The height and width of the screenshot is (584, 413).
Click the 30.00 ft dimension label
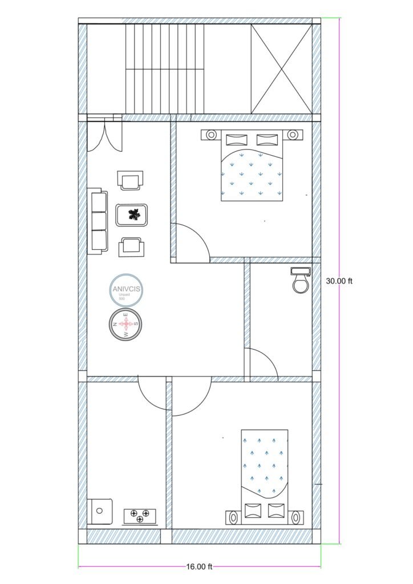pos(339,281)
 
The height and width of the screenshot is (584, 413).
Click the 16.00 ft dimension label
pos(199,566)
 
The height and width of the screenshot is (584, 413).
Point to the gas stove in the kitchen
pos(140,516)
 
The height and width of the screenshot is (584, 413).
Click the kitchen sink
pos(100,511)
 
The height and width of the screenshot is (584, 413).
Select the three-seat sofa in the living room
pos(98,221)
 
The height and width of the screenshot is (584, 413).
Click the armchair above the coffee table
pos(131,181)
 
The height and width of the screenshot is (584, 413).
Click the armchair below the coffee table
pos(131,246)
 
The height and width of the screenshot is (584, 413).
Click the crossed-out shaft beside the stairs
pos(282,69)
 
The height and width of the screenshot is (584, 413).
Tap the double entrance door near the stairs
pos(104,136)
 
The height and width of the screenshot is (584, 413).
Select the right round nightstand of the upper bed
pos(293,135)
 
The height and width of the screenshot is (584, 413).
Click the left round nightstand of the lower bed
pos(234,517)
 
